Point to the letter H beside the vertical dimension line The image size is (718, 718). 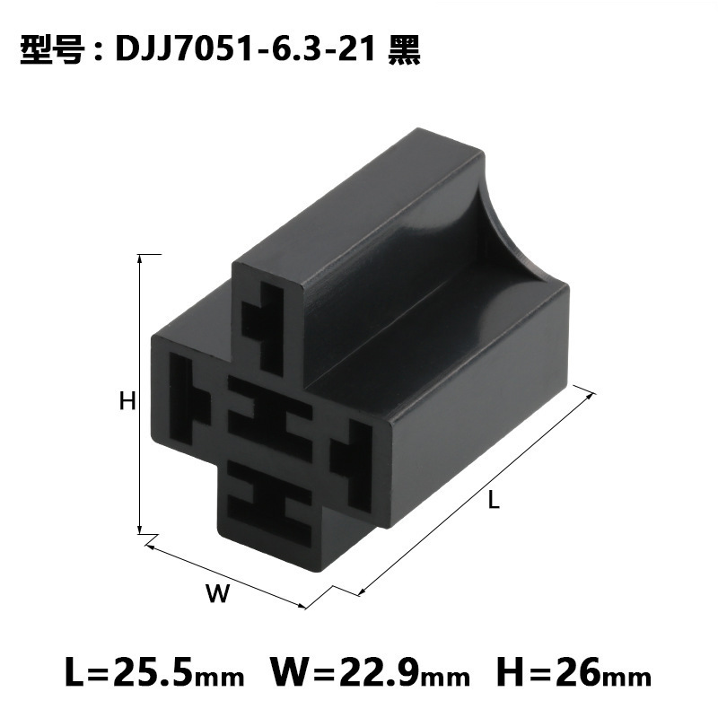[127, 401]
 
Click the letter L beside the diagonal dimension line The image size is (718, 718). [493, 502]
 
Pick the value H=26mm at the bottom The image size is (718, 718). [566, 671]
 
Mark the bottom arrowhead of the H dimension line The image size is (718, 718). [140, 530]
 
